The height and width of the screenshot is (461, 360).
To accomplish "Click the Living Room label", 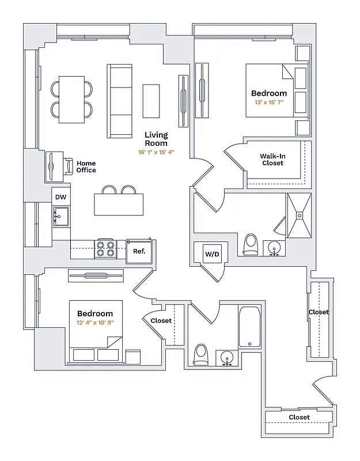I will (x=156, y=139).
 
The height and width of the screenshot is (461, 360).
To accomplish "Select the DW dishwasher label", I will (x=60, y=197).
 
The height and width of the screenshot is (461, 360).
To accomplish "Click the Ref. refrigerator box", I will (x=139, y=251).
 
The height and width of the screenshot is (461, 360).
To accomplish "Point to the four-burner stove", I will (x=105, y=249).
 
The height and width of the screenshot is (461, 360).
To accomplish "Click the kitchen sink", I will (x=60, y=217).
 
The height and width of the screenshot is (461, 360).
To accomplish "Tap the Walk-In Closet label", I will (x=272, y=160).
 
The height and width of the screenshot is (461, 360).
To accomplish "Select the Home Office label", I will (x=86, y=167).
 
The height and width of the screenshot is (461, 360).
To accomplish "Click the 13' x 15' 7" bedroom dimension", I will (x=269, y=103).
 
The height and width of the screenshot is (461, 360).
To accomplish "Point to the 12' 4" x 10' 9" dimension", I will (x=95, y=323).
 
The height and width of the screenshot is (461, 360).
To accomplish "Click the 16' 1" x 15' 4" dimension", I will (x=156, y=153).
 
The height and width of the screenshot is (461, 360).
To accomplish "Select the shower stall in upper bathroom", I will (x=299, y=216).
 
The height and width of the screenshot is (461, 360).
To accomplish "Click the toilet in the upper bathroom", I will (x=251, y=244).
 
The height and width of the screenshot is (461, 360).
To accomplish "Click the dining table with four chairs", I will (x=72, y=99).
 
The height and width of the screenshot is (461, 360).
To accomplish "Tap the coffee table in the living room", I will (x=151, y=101).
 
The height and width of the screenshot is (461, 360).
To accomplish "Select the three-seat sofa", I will (x=119, y=101).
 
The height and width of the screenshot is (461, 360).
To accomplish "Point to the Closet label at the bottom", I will (x=299, y=417).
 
